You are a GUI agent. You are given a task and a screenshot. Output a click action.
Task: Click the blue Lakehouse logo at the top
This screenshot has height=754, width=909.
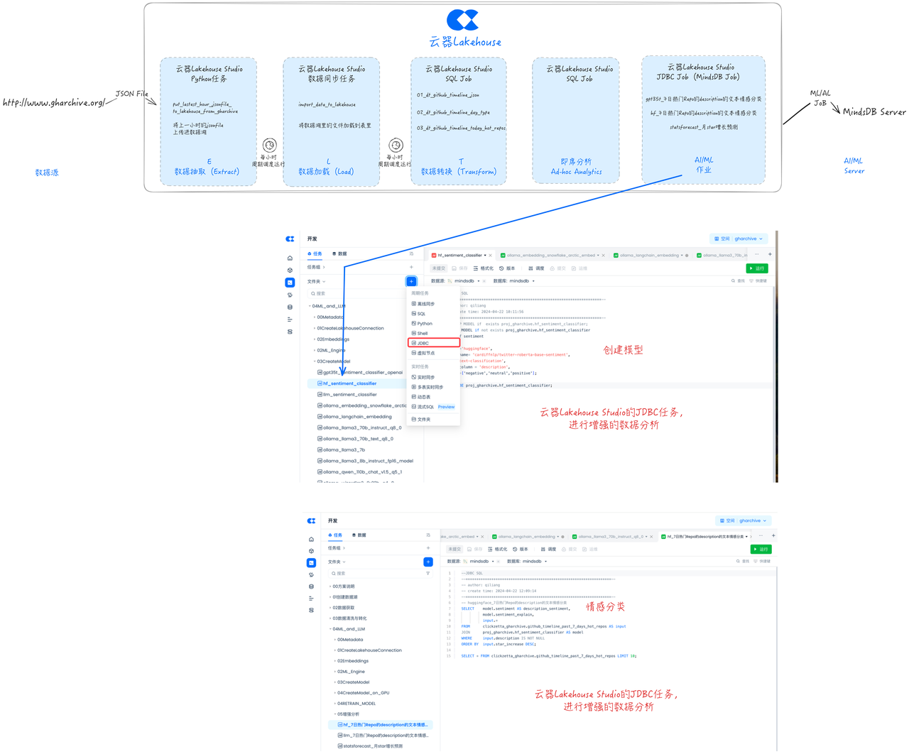(462, 20)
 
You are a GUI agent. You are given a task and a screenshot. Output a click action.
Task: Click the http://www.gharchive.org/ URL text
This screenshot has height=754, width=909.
(53, 103)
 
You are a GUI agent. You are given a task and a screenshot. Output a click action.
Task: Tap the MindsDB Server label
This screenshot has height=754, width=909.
(873, 112)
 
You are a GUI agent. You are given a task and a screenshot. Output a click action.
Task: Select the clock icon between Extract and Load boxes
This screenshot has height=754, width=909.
(269, 146)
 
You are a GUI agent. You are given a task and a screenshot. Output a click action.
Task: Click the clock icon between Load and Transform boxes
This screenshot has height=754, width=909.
(396, 146)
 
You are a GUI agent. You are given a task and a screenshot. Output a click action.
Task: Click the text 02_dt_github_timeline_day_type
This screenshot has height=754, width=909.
(453, 112)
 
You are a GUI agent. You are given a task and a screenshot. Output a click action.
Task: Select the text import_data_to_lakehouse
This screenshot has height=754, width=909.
(327, 104)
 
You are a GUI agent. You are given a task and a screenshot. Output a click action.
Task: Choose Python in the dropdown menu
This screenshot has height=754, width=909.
(425, 324)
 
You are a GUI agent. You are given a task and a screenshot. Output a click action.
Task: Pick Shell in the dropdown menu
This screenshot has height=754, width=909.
(423, 334)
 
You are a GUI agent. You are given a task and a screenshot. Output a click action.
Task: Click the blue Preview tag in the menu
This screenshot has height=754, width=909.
(446, 407)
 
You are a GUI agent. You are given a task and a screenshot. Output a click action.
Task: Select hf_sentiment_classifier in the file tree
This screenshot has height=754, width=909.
(349, 383)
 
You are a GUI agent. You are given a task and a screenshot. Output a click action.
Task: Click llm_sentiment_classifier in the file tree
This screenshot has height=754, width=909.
(349, 395)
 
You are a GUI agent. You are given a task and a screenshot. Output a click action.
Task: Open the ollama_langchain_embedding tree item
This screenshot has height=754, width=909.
(357, 417)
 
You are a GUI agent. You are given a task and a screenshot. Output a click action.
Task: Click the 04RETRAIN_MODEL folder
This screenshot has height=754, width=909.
(356, 704)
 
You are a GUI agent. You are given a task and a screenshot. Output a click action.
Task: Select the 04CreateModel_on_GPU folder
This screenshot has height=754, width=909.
(363, 693)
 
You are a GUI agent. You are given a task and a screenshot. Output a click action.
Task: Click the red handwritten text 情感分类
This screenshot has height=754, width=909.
(605, 607)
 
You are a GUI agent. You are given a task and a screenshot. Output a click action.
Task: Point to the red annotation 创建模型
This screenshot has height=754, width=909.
(623, 350)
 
